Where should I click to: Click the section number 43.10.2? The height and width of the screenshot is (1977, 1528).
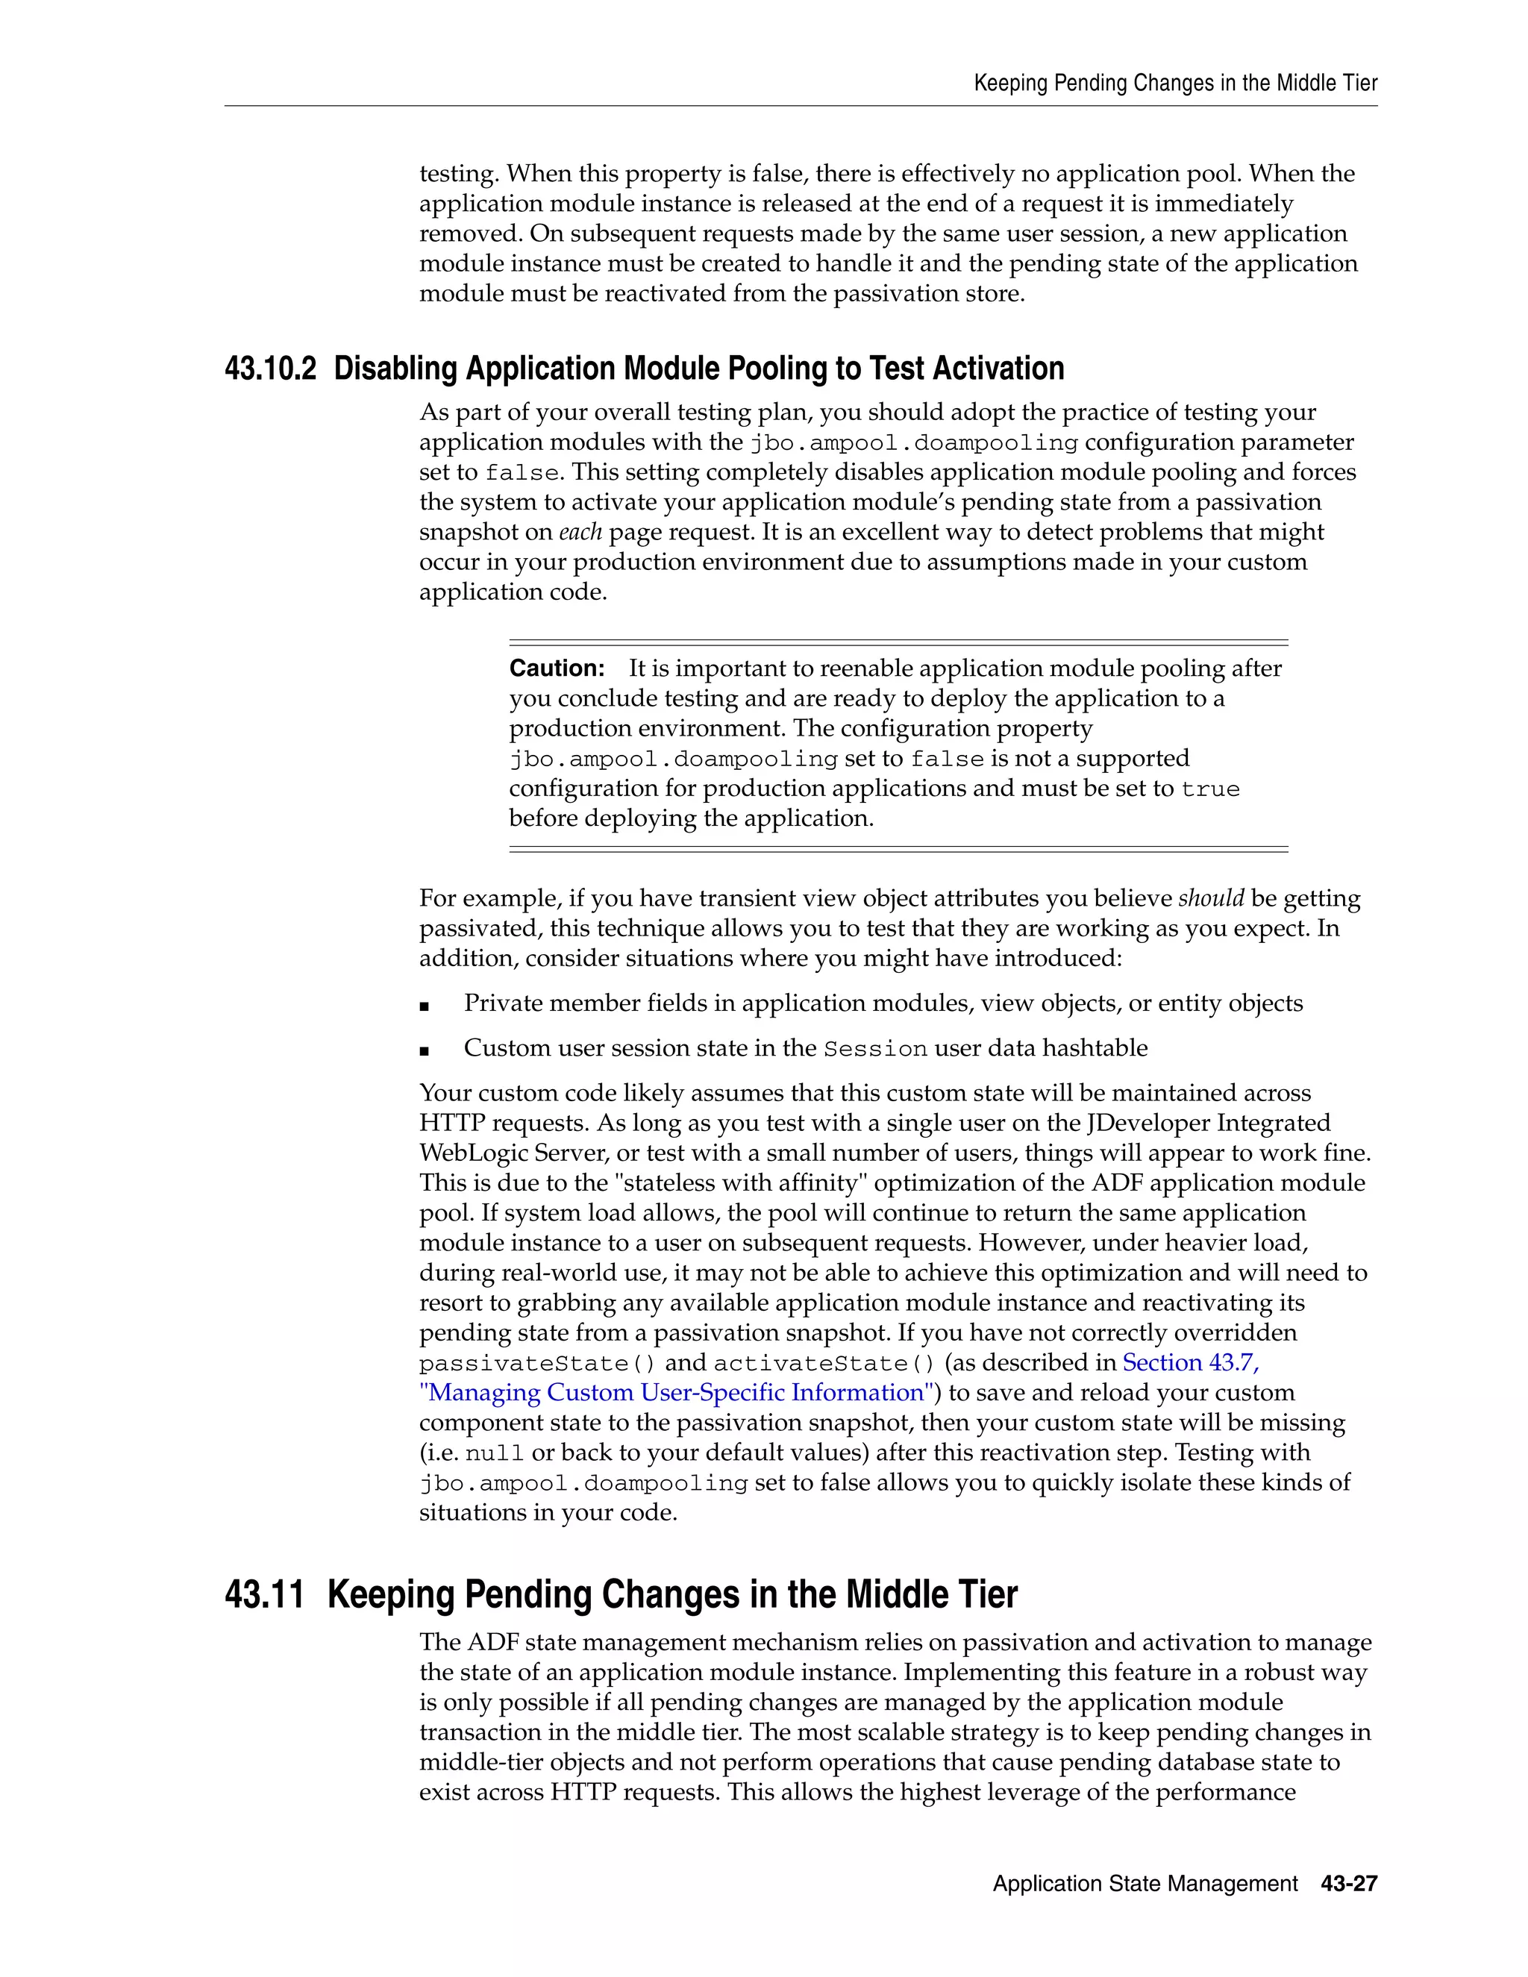[x=271, y=369]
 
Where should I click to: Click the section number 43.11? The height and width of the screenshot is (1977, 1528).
[x=264, y=1595]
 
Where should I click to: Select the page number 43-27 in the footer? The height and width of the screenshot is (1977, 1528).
[x=1349, y=1884]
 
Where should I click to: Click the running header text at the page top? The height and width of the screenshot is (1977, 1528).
[x=1175, y=84]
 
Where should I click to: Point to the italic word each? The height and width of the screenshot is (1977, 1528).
[x=580, y=532]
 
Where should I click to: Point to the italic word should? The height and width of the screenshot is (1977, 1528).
[x=1210, y=899]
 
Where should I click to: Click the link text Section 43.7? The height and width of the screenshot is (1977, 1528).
[x=1190, y=1363]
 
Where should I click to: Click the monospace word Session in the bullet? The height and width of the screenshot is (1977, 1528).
[x=875, y=1049]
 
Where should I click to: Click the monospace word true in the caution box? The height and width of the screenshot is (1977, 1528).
[x=1210, y=789]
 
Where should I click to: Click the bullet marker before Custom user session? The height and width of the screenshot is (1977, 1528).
[x=425, y=1051]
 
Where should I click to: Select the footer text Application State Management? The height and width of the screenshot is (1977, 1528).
[x=1145, y=1884]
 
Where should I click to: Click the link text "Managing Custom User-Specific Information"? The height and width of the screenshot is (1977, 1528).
[x=675, y=1393]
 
